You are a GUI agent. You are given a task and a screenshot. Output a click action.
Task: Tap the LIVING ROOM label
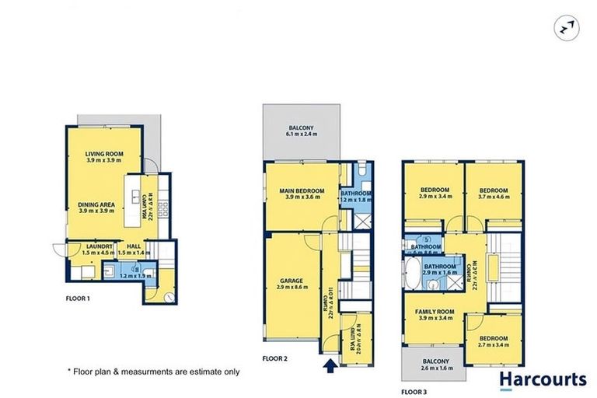pos(105,154)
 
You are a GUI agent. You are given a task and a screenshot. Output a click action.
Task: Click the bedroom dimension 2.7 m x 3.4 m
pos(494,345)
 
